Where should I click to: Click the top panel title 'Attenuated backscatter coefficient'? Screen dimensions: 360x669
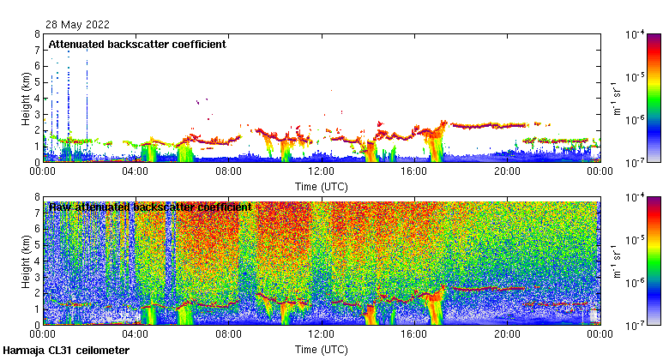point(137,44)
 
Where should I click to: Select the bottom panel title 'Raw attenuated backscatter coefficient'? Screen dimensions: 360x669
point(150,207)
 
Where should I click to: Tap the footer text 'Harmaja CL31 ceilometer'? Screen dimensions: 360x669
point(66,351)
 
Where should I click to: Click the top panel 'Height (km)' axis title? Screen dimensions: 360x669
point(26,98)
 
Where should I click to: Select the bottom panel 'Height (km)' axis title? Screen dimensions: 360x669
point(26,261)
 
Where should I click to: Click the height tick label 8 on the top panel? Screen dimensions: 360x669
point(36,35)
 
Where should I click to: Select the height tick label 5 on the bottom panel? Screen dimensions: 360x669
point(36,245)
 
